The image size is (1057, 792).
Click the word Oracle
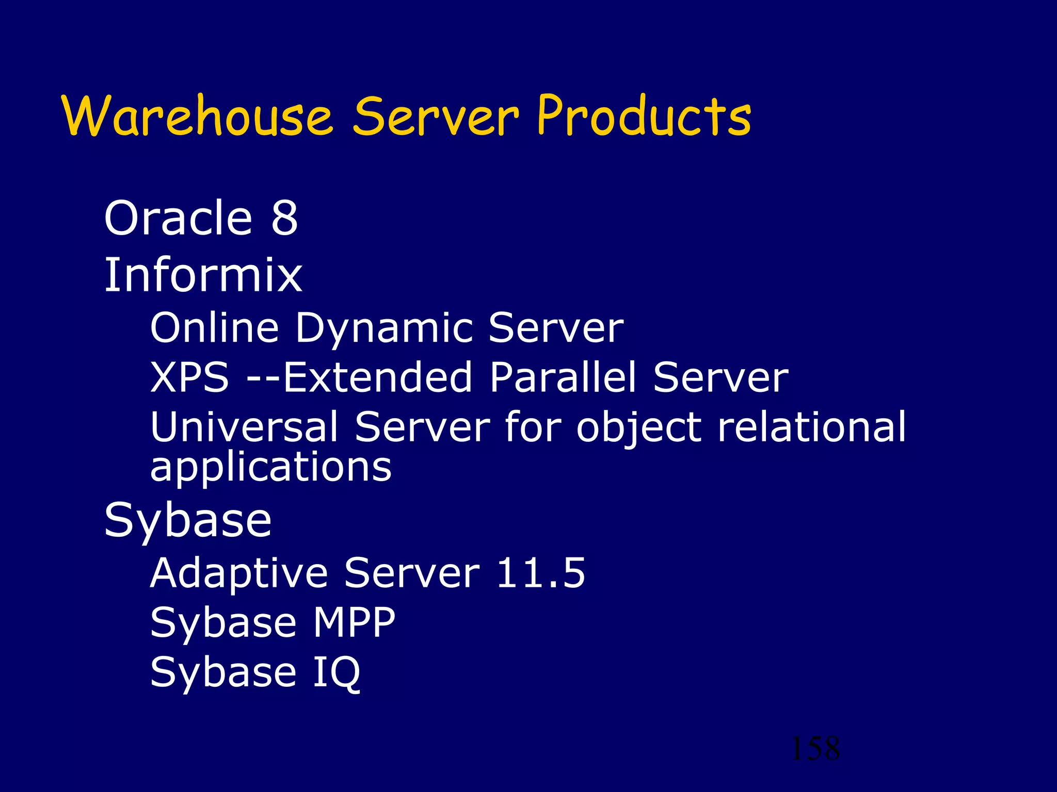pos(178,218)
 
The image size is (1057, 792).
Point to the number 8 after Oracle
pos(284,218)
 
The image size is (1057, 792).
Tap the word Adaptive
pos(239,573)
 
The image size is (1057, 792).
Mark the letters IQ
pos(336,673)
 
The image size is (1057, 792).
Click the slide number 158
pos(815,749)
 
